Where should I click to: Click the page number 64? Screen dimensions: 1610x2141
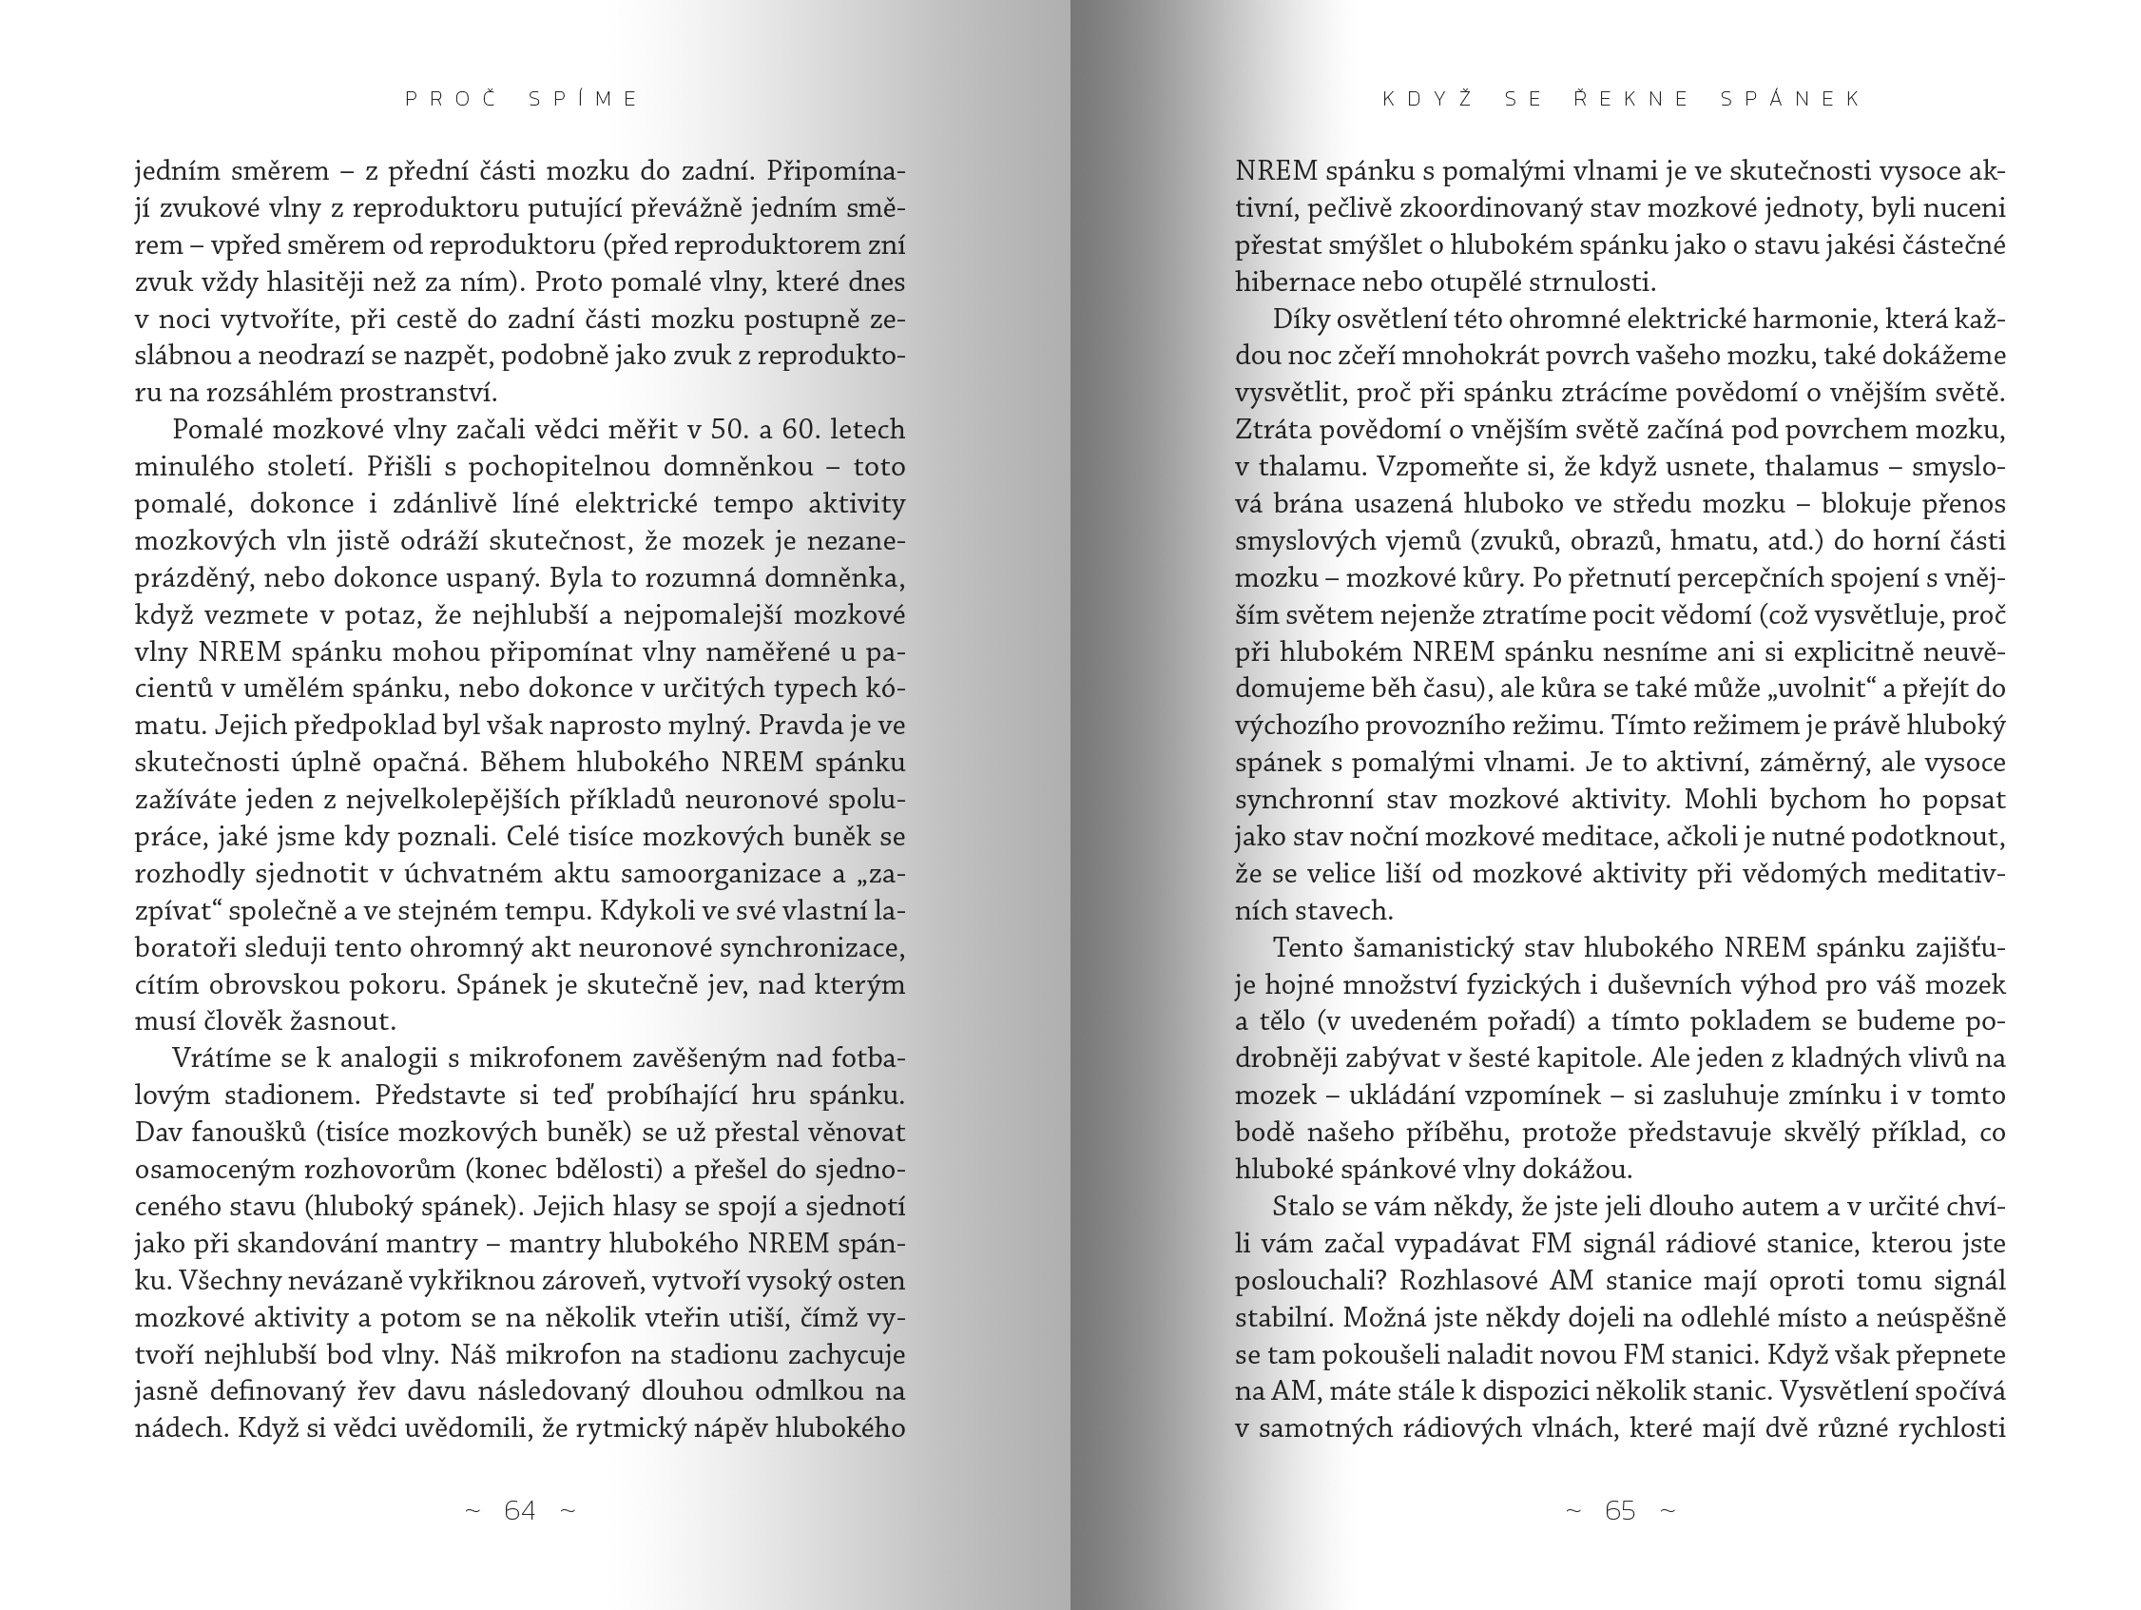point(520,1510)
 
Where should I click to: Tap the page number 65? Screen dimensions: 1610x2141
point(1620,1510)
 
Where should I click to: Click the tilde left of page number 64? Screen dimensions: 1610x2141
point(473,1510)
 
